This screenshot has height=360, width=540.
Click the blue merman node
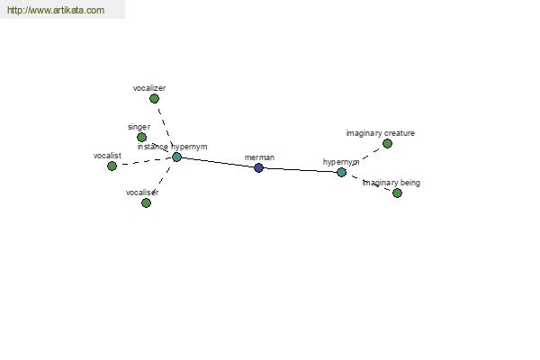(258, 167)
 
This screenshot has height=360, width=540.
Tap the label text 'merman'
(259, 157)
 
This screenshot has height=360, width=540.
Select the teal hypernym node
(341, 172)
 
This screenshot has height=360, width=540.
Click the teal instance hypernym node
(176, 157)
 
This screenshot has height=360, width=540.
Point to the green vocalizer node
(154, 99)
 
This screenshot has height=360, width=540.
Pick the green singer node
(141, 137)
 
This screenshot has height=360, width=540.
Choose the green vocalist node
(112, 166)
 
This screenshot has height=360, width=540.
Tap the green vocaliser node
(146, 202)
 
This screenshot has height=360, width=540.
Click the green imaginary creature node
(387, 144)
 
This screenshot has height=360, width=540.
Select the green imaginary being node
(397, 193)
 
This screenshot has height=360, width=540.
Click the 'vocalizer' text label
(149, 88)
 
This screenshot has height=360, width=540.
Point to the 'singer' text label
(139, 127)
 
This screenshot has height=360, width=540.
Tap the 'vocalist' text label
(107, 156)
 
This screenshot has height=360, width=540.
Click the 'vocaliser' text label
(142, 193)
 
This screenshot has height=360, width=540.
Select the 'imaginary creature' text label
(380, 133)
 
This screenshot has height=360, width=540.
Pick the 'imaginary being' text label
(391, 183)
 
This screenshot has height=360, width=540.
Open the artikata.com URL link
(56, 10)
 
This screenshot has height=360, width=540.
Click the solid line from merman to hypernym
(300, 170)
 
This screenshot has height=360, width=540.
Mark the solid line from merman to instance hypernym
(218, 163)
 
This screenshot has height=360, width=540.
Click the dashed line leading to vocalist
(145, 161)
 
